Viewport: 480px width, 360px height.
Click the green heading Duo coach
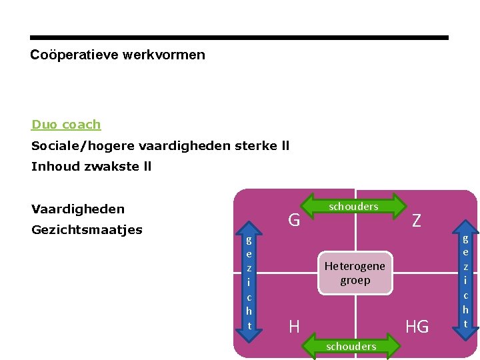coord(66,125)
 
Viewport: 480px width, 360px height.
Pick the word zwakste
coord(110,167)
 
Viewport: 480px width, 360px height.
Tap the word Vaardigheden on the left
coord(77,209)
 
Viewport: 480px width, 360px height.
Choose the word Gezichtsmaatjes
coord(87,230)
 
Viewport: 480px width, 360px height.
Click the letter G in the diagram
coord(293,219)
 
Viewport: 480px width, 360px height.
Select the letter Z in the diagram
coord(416,221)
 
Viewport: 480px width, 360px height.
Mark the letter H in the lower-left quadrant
coord(293,326)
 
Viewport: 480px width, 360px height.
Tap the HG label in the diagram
coord(417,326)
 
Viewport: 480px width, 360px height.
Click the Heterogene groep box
coord(355,273)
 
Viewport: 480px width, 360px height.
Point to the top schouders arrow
coord(353,207)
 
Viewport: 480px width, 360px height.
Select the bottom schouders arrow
coord(351,346)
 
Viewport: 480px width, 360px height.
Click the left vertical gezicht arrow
coord(249,283)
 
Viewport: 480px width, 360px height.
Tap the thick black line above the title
coord(239,38)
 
